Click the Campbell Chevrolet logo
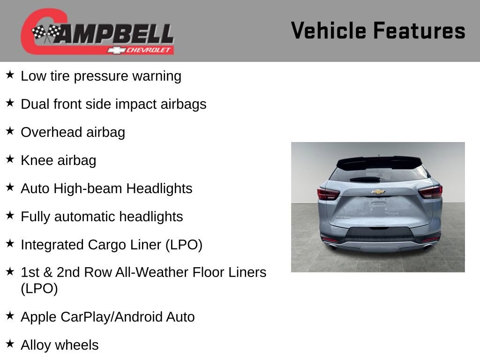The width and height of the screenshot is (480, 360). click(x=97, y=32)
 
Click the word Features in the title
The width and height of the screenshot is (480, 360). click(x=419, y=30)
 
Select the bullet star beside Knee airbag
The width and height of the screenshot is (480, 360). click(x=10, y=159)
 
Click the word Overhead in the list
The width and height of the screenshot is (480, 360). click(x=45, y=132)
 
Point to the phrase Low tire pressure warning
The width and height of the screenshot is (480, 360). click(x=101, y=76)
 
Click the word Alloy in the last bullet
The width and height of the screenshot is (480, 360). click(x=36, y=345)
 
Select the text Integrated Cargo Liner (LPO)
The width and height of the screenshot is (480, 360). click(x=112, y=245)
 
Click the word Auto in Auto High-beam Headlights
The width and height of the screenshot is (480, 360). click(x=35, y=188)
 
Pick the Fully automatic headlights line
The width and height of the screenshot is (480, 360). click(x=102, y=217)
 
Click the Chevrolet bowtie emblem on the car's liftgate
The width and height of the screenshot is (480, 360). click(x=378, y=192)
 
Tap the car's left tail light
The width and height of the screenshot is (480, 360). click(x=328, y=194)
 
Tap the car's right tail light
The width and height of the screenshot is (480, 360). click(x=430, y=192)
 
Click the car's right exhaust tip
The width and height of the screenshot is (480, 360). click(x=427, y=247)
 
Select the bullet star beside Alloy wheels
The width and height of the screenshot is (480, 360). click(x=10, y=344)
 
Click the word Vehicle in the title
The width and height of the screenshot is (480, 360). click(x=329, y=30)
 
